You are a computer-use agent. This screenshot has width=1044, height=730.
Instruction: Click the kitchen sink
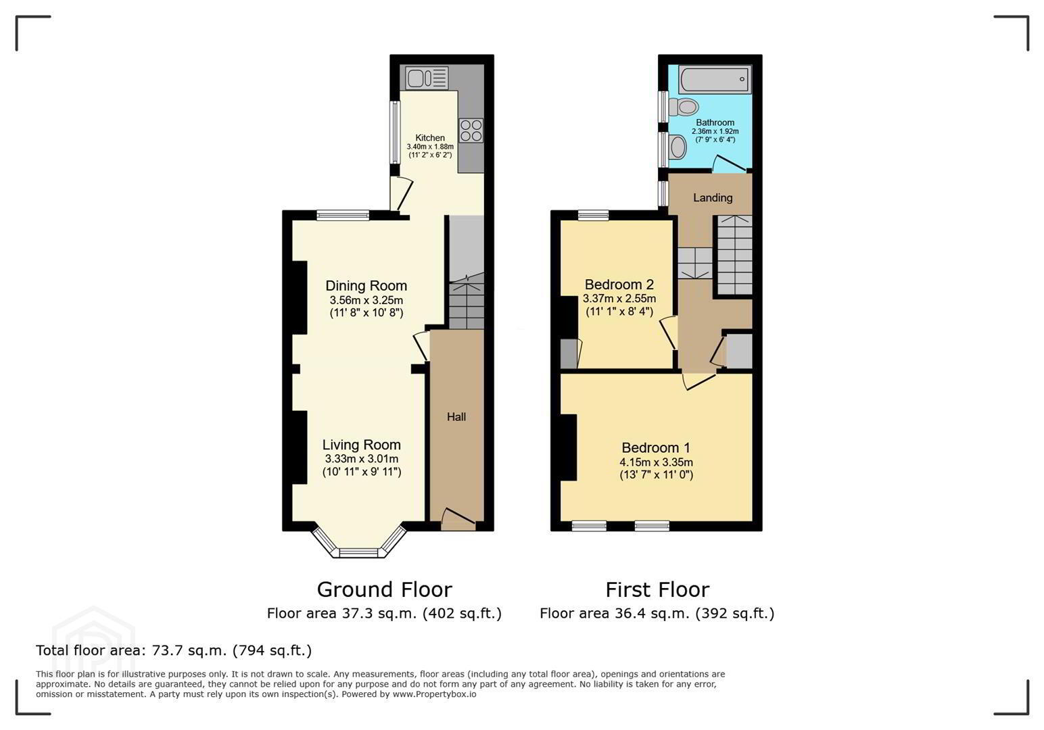tap(427, 78)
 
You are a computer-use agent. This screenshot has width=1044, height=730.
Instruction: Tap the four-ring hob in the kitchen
tap(471, 130)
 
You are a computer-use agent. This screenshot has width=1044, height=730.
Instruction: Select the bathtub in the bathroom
tap(715, 79)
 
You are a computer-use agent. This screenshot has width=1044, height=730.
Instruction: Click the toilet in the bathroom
tap(683, 107)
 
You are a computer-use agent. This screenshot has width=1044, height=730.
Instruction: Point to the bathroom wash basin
tap(678, 147)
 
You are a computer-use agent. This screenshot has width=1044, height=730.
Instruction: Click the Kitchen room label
tap(430, 138)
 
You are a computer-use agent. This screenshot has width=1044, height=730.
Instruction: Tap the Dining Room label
tap(366, 285)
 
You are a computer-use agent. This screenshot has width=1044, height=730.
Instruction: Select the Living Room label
tap(361, 445)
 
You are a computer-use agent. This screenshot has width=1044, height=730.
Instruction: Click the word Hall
tap(456, 417)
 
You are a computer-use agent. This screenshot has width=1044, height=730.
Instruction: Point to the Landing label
tap(713, 198)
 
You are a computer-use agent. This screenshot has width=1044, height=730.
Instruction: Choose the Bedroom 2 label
tap(619, 284)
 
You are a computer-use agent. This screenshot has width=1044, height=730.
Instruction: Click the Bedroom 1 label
tap(656, 447)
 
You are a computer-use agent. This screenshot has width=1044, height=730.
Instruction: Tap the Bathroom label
tap(715, 122)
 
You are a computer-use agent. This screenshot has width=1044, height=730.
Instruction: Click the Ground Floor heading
tap(385, 590)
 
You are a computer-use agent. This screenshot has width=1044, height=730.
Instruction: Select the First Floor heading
tap(657, 590)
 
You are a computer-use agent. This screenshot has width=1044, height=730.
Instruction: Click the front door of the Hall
tap(458, 518)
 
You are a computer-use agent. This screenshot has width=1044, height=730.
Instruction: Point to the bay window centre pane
tap(358, 553)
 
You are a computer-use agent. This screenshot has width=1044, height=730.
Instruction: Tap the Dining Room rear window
tap(343, 215)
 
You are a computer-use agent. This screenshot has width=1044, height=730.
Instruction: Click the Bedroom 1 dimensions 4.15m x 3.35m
tap(656, 462)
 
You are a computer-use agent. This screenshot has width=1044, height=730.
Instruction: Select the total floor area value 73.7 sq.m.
tap(189, 650)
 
